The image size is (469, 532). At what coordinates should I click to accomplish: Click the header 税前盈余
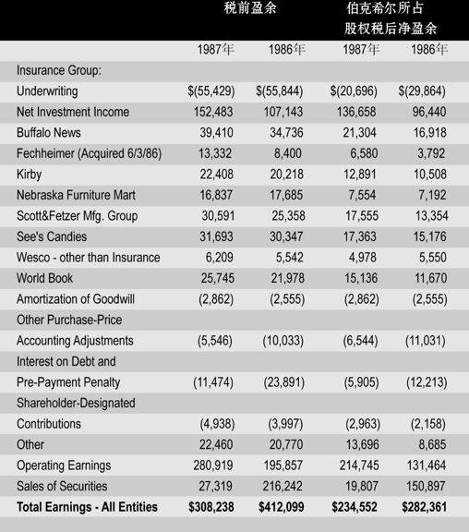pos(250,8)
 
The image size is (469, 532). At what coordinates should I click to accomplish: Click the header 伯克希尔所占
pos(385,8)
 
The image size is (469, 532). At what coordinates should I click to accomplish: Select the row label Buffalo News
pos(49,133)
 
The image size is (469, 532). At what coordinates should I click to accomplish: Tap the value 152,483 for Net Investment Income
pos(213,112)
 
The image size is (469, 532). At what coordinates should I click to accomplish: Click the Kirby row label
pos(30,175)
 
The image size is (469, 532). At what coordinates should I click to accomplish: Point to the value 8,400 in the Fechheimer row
pos(288,153)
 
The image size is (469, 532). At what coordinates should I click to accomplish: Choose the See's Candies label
pos(52,236)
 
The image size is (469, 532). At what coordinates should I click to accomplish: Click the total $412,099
pos(282,507)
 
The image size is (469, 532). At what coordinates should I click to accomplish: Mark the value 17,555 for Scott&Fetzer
pos(362,216)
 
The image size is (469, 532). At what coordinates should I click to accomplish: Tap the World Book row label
pos(44,278)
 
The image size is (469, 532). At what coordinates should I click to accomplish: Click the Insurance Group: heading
pos(59,70)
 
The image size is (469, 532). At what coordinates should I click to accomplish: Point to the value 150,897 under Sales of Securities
pos(426,486)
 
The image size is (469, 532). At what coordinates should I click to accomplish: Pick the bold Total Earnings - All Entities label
pos(87,507)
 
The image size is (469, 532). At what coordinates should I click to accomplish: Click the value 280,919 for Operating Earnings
pos(213,465)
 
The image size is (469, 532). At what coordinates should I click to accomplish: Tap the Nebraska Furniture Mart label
pos(76,195)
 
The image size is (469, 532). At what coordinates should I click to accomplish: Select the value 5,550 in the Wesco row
pos(433,258)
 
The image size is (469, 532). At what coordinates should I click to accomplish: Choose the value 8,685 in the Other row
pos(432,444)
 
